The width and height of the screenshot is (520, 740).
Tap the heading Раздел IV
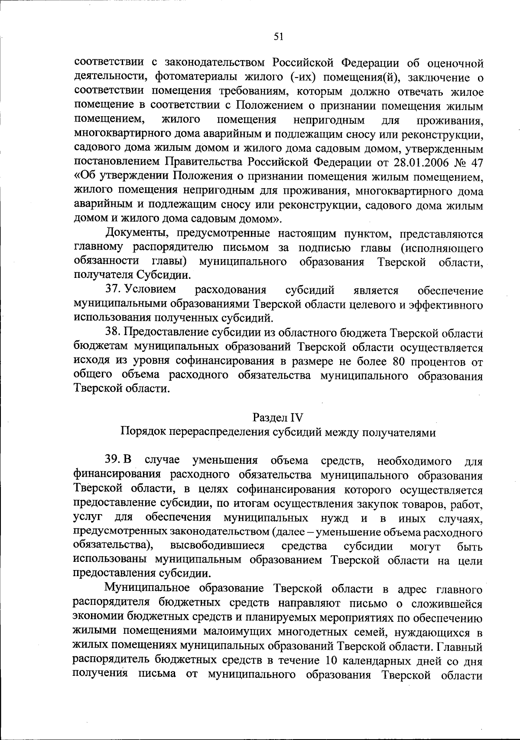(278, 417)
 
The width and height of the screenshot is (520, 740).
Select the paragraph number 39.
(112, 460)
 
